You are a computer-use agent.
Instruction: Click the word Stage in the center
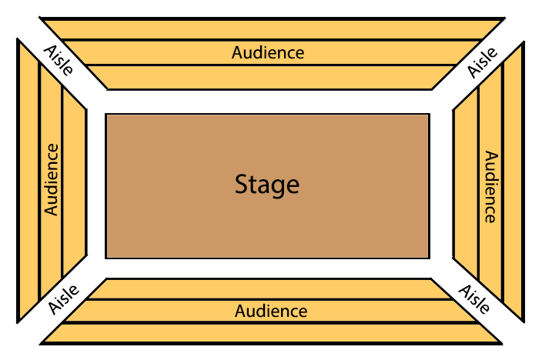(266, 185)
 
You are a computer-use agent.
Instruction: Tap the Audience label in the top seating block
(268, 53)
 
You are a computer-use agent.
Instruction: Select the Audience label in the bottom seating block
(271, 312)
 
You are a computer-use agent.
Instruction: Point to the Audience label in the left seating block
(52, 179)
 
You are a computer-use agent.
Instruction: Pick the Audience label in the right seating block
(490, 186)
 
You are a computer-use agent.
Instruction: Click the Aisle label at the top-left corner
(59, 59)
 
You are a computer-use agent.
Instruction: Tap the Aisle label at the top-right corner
(483, 62)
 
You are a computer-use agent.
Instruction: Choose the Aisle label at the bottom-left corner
(63, 298)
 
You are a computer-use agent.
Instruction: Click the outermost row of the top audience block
(269, 28)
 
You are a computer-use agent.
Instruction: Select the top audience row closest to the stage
(269, 77)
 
